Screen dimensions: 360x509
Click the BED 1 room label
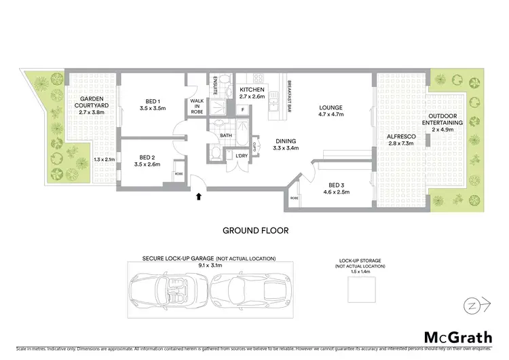152,104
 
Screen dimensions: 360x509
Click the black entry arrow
198,198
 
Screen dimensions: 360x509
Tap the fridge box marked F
243,110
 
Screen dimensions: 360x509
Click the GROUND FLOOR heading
255,230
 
